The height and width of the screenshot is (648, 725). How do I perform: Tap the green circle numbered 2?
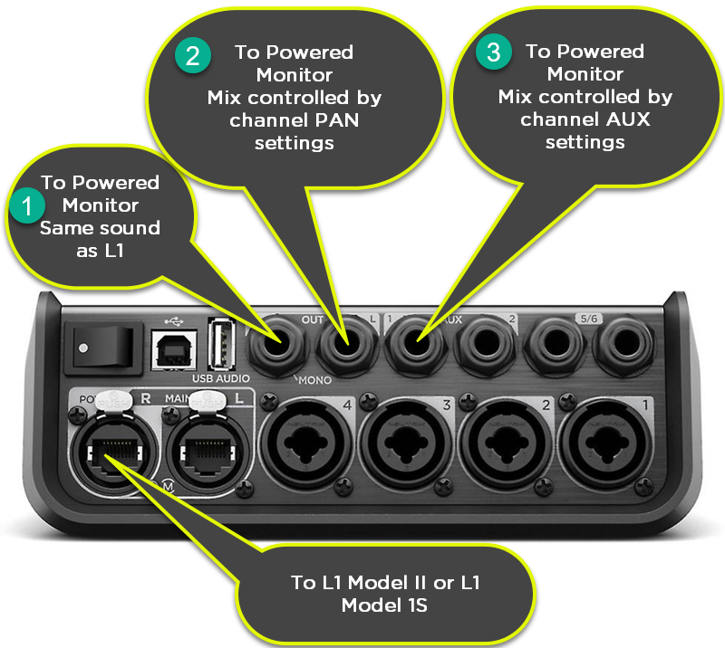tap(192, 55)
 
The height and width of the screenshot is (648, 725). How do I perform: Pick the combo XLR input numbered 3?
tap(404, 441)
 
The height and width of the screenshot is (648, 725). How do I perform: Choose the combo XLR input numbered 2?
tap(504, 441)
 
